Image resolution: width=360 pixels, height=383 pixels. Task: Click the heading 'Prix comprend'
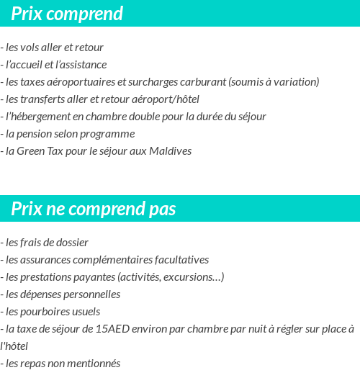[x=67, y=14]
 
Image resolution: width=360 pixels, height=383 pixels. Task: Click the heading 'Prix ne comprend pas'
[x=94, y=209]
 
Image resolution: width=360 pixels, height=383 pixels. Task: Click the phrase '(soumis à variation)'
[x=274, y=82]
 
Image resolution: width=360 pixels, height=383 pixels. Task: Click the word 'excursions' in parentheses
[x=197, y=277]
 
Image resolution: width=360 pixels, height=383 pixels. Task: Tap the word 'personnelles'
[x=91, y=294]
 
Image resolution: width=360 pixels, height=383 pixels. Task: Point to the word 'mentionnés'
[x=94, y=364]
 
